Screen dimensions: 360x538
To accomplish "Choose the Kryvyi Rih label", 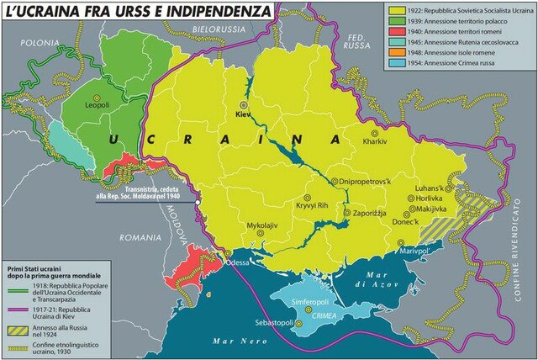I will tap(314, 205).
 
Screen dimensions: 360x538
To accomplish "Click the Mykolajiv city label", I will tap(261, 227).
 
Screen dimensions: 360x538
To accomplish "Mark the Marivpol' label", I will tap(403, 251).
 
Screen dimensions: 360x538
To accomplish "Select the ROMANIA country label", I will tap(140, 238).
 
